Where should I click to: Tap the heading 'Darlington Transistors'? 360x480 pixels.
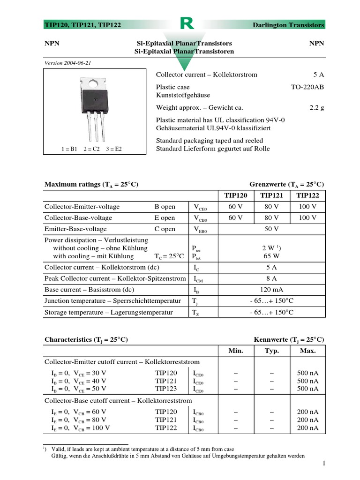click(288, 25)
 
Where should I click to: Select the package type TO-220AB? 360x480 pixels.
click(307, 87)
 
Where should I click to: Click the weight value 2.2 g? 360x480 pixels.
click(317, 107)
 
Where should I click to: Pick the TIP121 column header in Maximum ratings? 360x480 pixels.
click(272, 195)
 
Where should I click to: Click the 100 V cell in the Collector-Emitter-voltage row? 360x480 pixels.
click(307, 207)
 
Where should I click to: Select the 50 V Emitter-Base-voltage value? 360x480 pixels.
click(272, 229)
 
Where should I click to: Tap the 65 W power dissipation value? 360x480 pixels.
click(272, 256)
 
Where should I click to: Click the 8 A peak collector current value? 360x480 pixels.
click(272, 278)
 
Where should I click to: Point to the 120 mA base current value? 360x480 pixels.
click(272, 290)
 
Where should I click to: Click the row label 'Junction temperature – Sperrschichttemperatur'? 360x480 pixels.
click(112, 301)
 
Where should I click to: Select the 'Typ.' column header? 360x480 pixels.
click(272, 351)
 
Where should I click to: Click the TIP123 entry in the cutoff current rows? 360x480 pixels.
click(166, 389)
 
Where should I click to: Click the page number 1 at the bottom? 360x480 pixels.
click(323, 464)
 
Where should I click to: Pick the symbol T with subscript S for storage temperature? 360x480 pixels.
click(195, 313)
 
